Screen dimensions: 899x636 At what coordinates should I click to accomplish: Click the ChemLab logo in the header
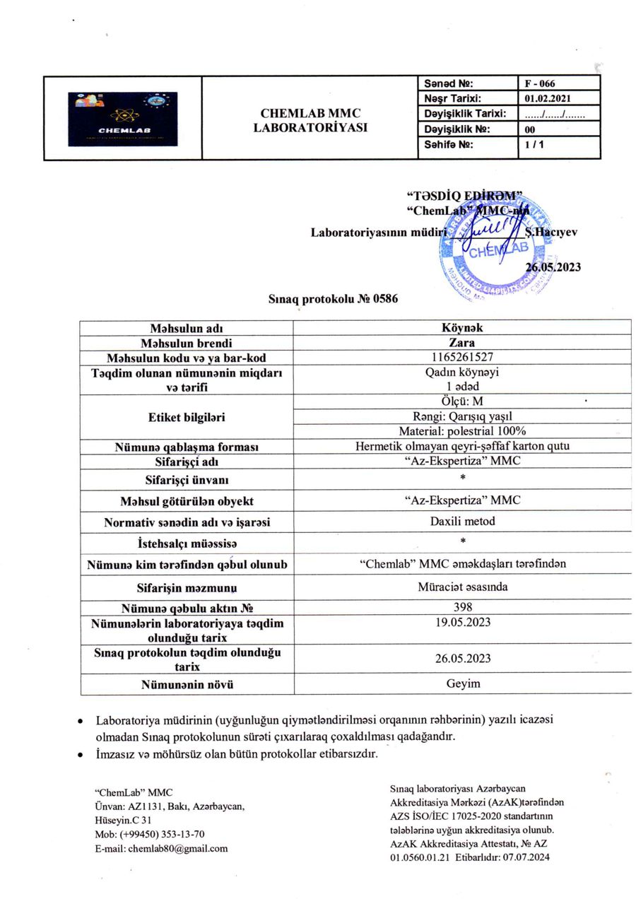click(123, 119)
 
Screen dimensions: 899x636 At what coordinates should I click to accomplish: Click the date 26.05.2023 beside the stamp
click(553, 266)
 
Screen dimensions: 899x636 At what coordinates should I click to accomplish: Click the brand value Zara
click(461, 343)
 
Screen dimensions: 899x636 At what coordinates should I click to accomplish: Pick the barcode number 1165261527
click(461, 358)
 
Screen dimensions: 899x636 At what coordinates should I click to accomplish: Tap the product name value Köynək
click(461, 328)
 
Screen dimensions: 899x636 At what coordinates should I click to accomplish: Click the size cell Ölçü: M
click(461, 401)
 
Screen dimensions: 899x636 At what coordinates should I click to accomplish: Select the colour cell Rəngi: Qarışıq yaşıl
click(461, 416)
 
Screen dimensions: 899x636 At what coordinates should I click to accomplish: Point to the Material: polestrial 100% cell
click(461, 430)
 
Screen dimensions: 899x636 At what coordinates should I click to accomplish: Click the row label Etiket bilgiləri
click(186, 417)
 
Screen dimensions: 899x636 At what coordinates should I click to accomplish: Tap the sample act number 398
click(461, 606)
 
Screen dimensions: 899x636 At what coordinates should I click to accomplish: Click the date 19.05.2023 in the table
click(461, 622)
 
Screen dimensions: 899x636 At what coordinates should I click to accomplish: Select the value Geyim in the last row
click(461, 683)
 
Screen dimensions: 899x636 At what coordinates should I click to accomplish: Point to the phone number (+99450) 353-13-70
click(160, 835)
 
